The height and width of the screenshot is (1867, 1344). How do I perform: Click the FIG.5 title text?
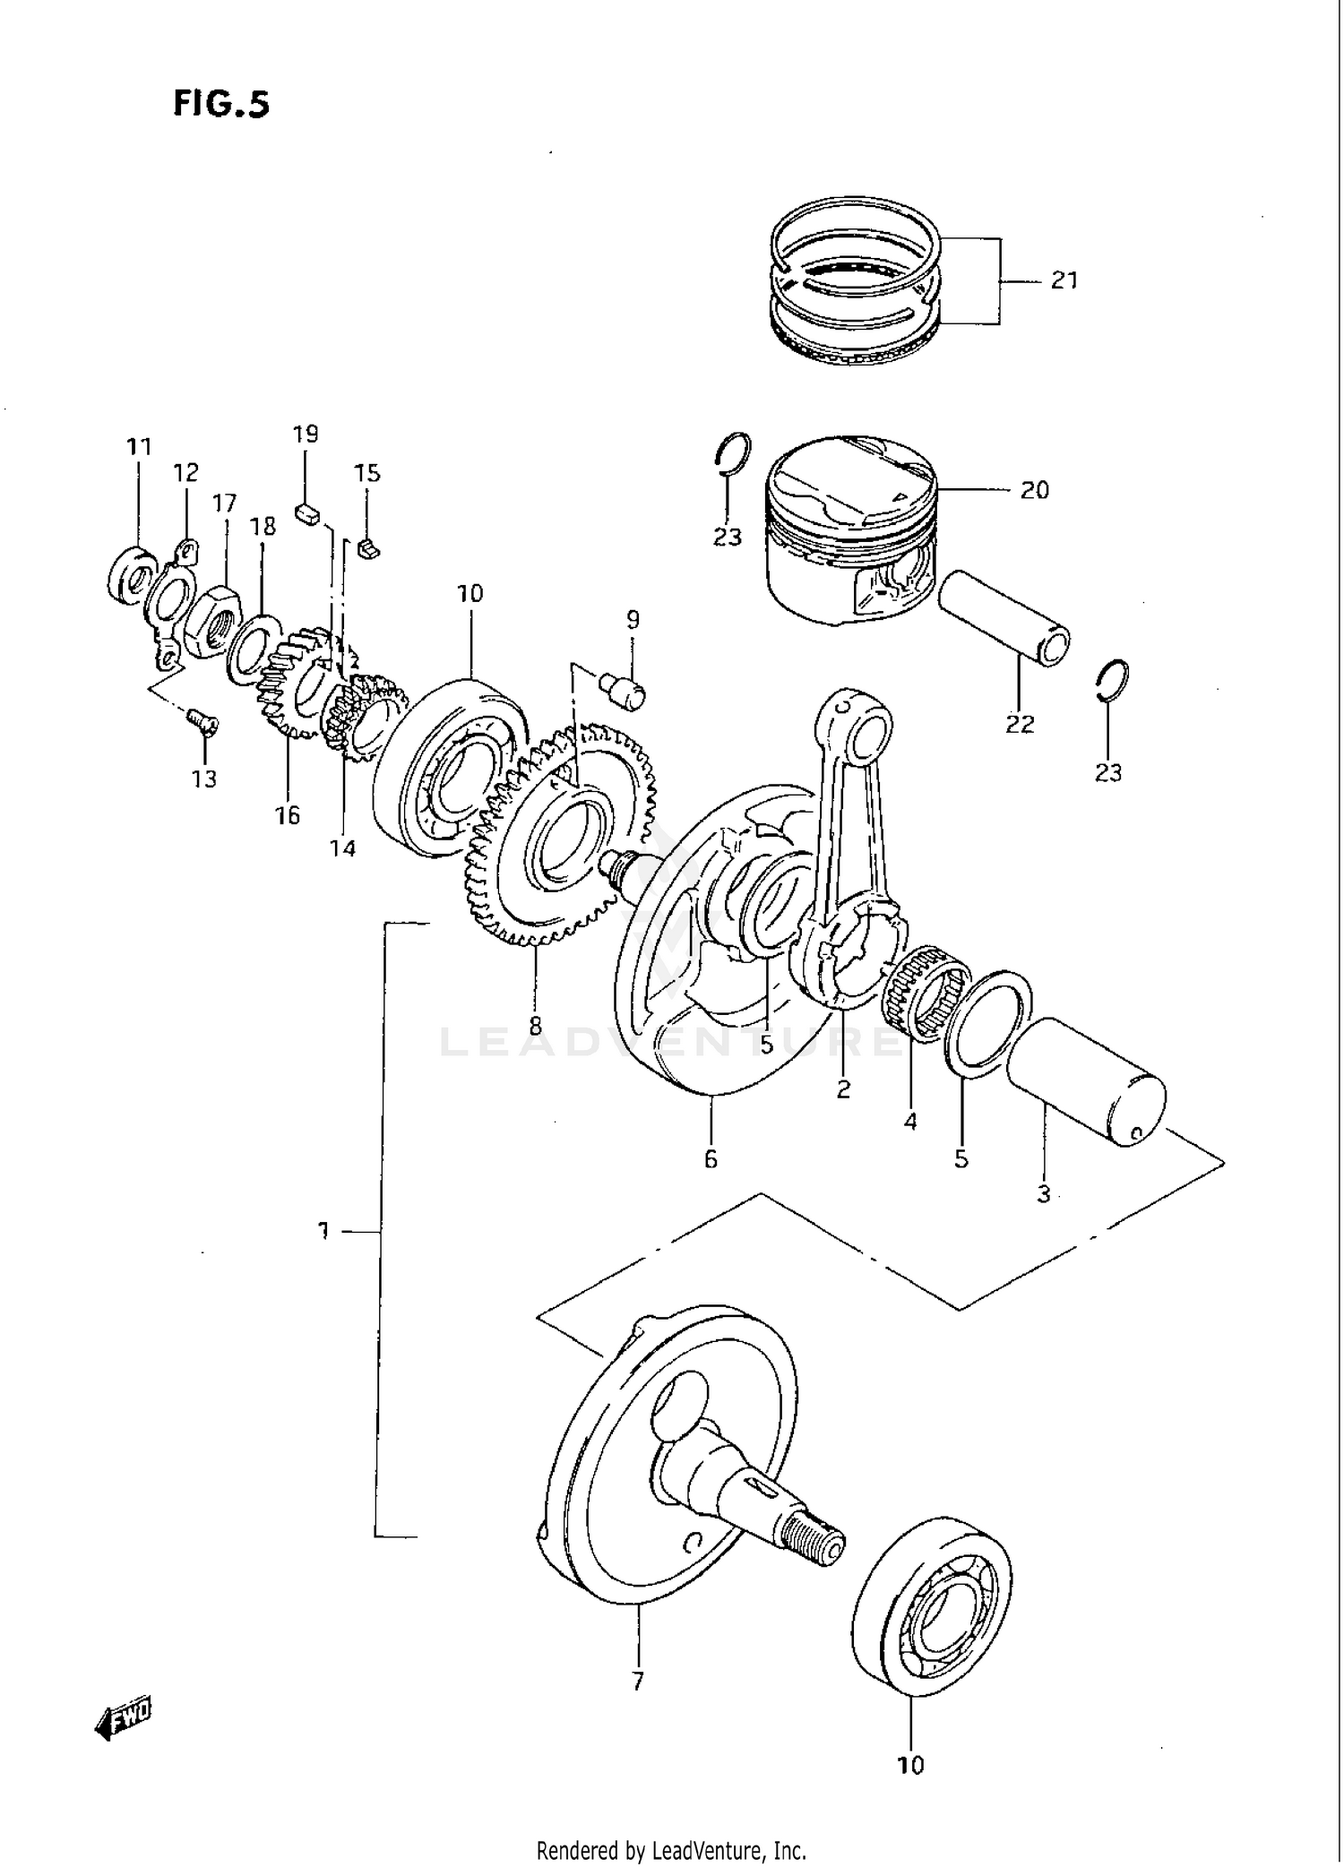[220, 105]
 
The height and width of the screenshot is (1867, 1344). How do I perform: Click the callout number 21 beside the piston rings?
[1064, 280]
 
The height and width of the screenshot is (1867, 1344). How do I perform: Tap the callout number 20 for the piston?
[1034, 490]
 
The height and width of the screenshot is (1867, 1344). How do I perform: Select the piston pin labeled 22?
[1004, 618]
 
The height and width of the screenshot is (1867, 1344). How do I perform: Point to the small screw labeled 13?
[201, 720]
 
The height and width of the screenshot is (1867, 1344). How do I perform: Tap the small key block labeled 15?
[368, 547]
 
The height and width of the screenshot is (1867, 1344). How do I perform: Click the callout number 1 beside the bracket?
[323, 1231]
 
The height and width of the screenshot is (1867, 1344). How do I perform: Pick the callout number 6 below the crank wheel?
[711, 1159]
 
